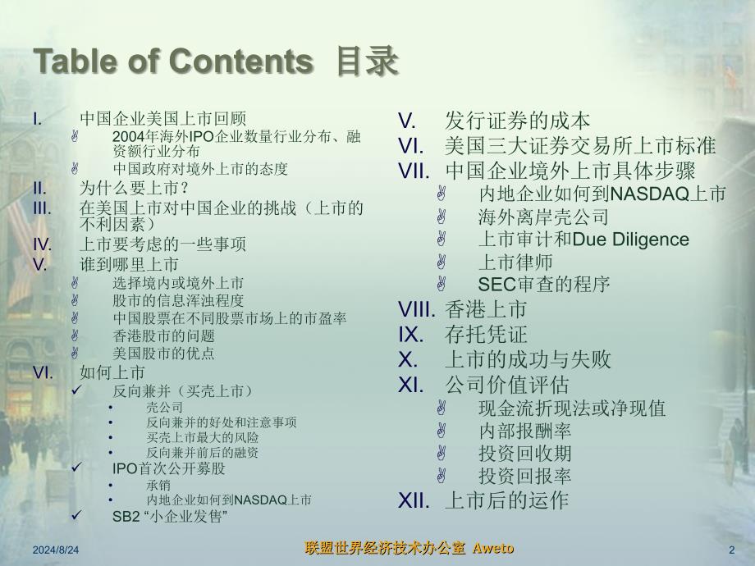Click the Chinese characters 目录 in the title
(x=368, y=62)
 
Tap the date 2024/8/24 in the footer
(x=56, y=550)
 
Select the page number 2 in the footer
(x=732, y=550)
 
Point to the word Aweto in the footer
(x=493, y=548)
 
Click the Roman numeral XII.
(x=414, y=501)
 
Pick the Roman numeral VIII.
(x=417, y=309)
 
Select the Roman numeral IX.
(x=410, y=335)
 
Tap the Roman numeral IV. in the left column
(x=43, y=244)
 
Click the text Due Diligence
(x=631, y=240)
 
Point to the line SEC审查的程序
(x=544, y=285)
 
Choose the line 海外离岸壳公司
(x=543, y=217)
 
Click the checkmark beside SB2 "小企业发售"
(x=77, y=514)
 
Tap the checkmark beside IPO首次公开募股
(x=77, y=467)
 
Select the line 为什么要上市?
(x=135, y=188)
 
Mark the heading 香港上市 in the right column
(x=486, y=309)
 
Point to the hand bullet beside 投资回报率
(x=441, y=476)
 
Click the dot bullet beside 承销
(x=111, y=485)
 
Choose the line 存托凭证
(x=487, y=335)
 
